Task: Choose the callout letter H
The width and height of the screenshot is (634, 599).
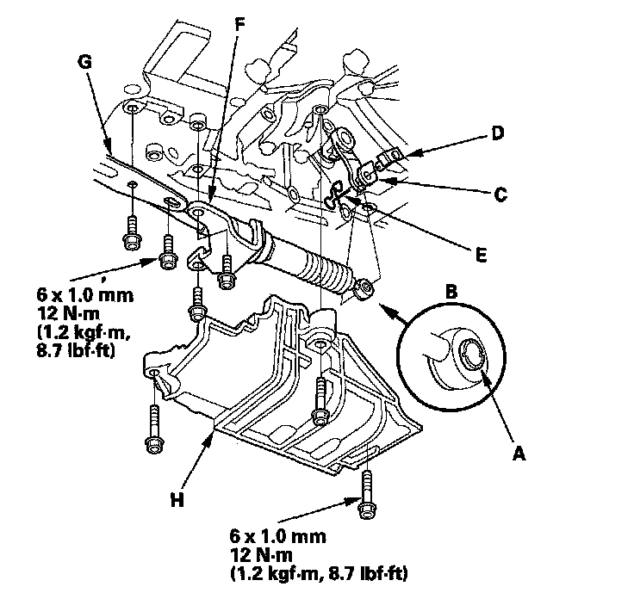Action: coord(177,499)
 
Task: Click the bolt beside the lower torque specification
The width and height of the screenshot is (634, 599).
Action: coord(366,492)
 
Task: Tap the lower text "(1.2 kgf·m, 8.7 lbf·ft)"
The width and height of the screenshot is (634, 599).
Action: coord(319,572)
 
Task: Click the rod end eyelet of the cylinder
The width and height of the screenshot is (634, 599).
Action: coord(366,289)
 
